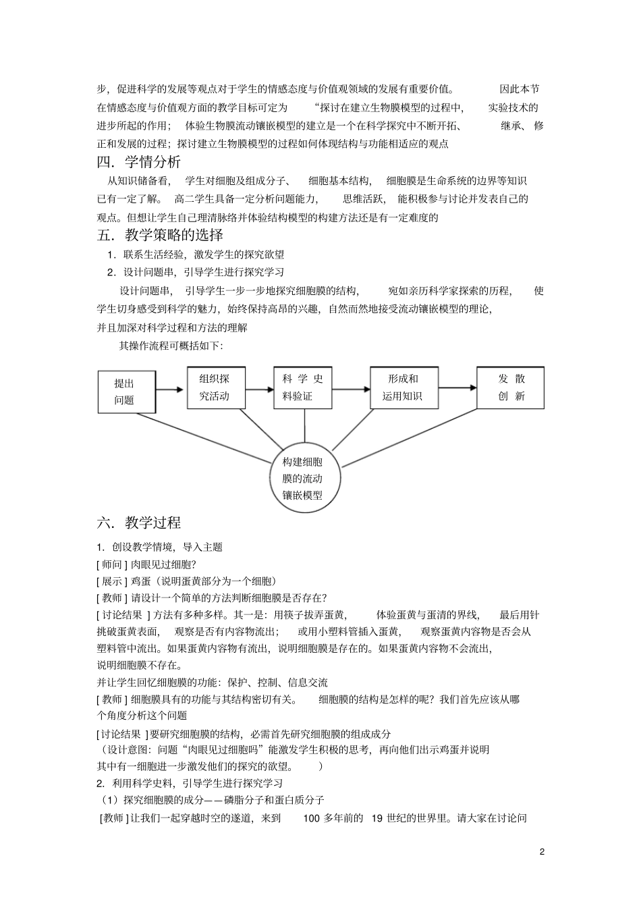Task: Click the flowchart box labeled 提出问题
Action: tap(126, 392)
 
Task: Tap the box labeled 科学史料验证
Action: tap(303, 388)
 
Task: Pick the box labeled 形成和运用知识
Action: tap(401, 388)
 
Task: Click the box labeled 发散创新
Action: tap(510, 388)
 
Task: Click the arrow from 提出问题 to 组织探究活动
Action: tap(171, 390)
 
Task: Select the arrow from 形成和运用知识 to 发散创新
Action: tap(455, 388)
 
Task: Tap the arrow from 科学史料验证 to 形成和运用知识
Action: tap(351, 389)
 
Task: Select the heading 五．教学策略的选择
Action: tap(161, 235)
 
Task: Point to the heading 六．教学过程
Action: tap(139, 523)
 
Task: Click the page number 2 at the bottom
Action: tap(542, 851)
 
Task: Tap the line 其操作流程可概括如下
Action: tap(171, 346)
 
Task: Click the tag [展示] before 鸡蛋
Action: tap(109, 581)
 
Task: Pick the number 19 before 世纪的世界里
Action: tap(377, 818)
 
